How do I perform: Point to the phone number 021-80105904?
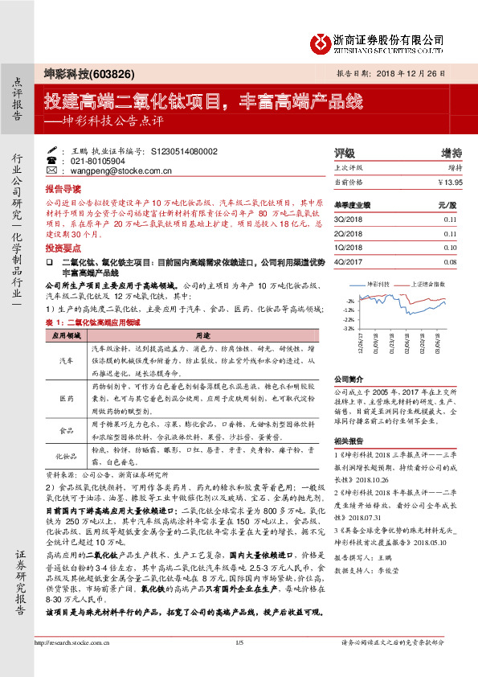pos(108,161)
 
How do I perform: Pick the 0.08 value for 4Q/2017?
pos(449,262)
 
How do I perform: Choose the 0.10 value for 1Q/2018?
pos(449,248)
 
